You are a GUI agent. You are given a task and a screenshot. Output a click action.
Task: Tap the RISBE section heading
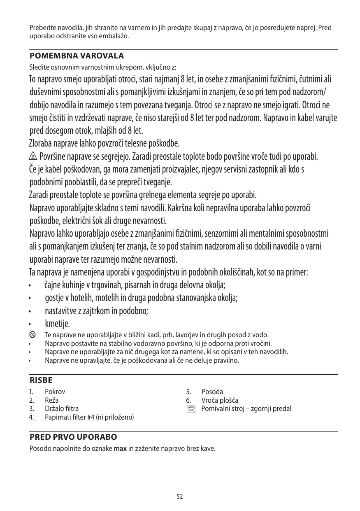pyautogui.click(x=41, y=380)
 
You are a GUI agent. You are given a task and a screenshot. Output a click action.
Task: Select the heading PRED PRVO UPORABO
pyautogui.click(x=73, y=437)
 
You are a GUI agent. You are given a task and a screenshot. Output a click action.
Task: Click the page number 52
pyautogui.click(x=180, y=497)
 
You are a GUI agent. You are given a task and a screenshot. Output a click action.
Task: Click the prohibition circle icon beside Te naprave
pyautogui.click(x=33, y=335)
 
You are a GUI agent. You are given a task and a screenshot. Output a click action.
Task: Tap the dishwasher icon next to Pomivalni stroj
pyautogui.click(x=190, y=409)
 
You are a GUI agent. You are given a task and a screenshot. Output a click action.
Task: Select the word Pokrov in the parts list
pyautogui.click(x=55, y=392)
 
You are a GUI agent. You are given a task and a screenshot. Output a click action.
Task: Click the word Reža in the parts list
pyautogui.click(x=51, y=400)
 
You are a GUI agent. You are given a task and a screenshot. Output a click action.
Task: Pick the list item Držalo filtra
pyautogui.click(x=61, y=408)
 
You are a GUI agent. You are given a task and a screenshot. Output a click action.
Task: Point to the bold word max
pyautogui.click(x=120, y=448)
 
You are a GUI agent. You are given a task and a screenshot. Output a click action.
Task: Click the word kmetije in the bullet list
pyautogui.click(x=57, y=323)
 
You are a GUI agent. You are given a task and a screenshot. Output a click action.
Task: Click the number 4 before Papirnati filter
pyautogui.click(x=31, y=417)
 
